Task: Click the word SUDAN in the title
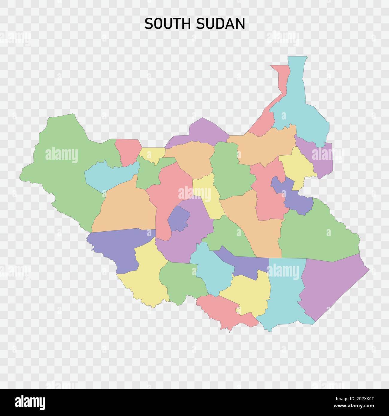pos(221,24)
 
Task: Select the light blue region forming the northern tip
pos(302,105)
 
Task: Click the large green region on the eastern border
pos(317,236)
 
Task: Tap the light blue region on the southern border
pos(284,296)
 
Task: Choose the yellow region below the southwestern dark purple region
pos(147,278)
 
